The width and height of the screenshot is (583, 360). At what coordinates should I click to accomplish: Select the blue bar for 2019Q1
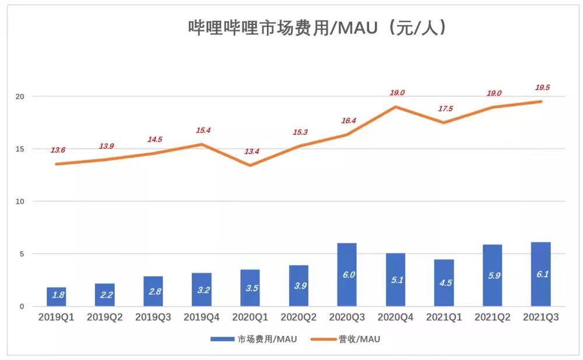[57, 297]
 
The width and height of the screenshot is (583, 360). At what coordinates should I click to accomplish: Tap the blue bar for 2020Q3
[347, 274]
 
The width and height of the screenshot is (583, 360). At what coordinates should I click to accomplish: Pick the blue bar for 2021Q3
[540, 274]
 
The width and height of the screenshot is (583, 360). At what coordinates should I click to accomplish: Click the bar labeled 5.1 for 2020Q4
[395, 280]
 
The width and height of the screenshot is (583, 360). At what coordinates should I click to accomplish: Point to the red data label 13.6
[58, 150]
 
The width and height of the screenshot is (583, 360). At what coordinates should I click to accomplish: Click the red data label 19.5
[542, 87]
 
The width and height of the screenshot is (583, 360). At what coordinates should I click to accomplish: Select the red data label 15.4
[203, 130]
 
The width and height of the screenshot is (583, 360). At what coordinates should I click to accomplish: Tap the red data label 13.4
[251, 151]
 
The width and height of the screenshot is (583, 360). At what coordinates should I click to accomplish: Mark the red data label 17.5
[444, 108]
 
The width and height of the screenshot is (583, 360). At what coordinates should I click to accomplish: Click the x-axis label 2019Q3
[153, 317]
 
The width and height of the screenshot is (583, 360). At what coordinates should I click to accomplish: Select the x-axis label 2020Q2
[298, 317]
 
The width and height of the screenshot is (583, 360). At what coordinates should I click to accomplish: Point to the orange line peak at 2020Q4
[396, 107]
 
